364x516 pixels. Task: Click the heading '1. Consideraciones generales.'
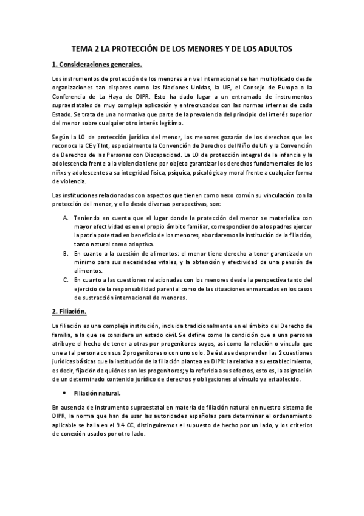[x=97, y=64]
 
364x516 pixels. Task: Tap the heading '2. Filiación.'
[x=69, y=312]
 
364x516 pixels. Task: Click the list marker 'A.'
[x=66, y=217]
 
